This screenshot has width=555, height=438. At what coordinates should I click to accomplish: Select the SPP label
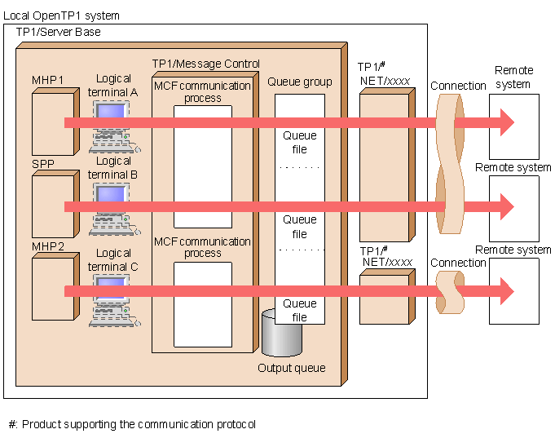point(42,164)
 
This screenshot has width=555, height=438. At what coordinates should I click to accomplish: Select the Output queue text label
point(291,368)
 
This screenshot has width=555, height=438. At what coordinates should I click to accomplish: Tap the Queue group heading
point(300,82)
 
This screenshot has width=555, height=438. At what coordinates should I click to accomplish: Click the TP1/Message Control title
point(206,64)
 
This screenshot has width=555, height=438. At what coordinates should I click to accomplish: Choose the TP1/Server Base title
point(59,32)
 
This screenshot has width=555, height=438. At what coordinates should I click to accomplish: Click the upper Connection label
point(458,86)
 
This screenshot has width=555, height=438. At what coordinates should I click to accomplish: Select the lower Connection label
point(458,263)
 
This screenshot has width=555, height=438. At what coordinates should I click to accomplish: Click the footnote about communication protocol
point(131,424)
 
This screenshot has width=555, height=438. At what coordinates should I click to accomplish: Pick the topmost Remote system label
point(513,77)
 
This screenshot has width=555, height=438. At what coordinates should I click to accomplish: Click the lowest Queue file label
point(300,310)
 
